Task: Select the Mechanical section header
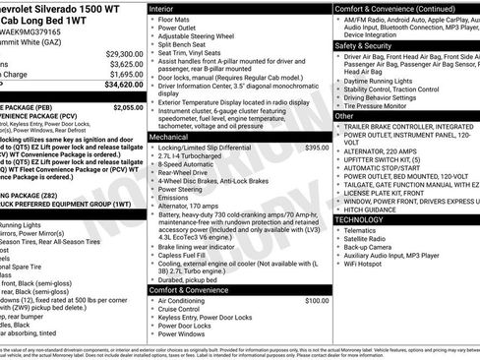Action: (x=169, y=138)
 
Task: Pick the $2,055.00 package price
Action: (x=128, y=106)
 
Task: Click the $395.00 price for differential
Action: (x=317, y=148)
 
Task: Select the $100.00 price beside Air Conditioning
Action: (x=317, y=300)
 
